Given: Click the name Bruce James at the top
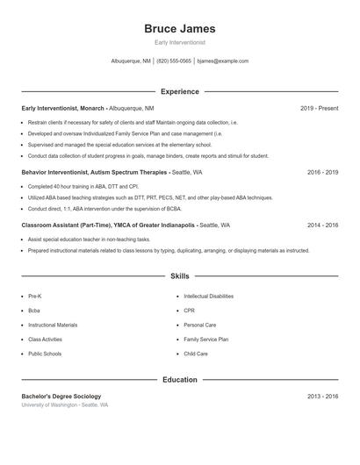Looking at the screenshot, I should point(179,29).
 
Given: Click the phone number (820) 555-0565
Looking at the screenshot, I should point(174,61).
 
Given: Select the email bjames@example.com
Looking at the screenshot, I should point(223,61).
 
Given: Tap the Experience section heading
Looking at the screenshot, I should point(179,91).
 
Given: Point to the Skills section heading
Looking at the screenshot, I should point(179,276).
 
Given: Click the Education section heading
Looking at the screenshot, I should point(179,380).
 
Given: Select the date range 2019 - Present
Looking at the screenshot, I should point(319,108).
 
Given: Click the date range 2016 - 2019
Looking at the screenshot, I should point(322,173).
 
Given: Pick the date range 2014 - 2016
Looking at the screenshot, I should point(322,225).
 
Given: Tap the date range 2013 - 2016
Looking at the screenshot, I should point(322,397).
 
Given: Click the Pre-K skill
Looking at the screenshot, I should point(35,297).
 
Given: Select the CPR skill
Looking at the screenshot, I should point(189,311).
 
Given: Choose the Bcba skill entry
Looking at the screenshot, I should point(34,311).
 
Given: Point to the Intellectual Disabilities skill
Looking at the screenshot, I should point(208,297).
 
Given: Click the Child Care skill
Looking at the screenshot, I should point(196,354).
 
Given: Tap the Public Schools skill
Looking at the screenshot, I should point(44,354).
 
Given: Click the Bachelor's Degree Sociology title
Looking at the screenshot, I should point(61,397).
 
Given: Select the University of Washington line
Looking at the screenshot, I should point(65,405).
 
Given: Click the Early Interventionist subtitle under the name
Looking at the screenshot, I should point(179,42).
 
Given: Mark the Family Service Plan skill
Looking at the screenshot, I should point(205,339).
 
